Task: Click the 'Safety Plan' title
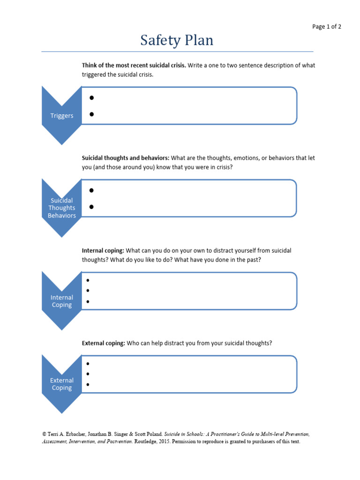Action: [x=177, y=41]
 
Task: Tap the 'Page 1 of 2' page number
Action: [x=327, y=27]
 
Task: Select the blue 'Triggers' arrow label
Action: [x=62, y=115]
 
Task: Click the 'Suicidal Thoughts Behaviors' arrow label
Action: [x=62, y=208]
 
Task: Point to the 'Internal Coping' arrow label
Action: [x=62, y=301]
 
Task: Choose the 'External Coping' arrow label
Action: [x=62, y=384]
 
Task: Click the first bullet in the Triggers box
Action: [x=92, y=98]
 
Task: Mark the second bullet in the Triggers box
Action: [x=92, y=114]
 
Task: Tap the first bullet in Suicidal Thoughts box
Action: [x=92, y=190]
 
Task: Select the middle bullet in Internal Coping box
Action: [x=88, y=291]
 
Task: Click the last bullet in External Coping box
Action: [x=88, y=384]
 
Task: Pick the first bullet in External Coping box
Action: [x=88, y=364]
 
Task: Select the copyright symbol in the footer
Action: [x=44, y=435]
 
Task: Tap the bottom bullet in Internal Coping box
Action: [x=88, y=301]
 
